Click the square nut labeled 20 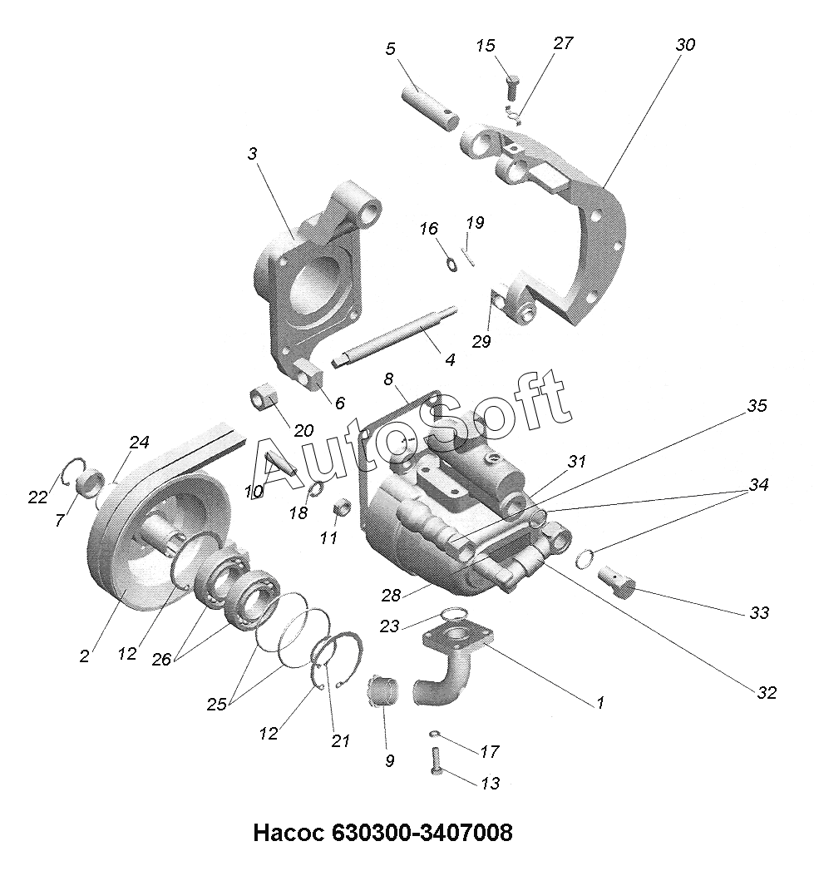(265, 398)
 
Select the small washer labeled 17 (437, 735)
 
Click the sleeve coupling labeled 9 (382, 692)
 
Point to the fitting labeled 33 (615, 580)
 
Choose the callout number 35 (756, 406)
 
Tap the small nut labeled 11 (339, 507)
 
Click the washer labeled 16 (451, 265)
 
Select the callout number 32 (766, 691)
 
